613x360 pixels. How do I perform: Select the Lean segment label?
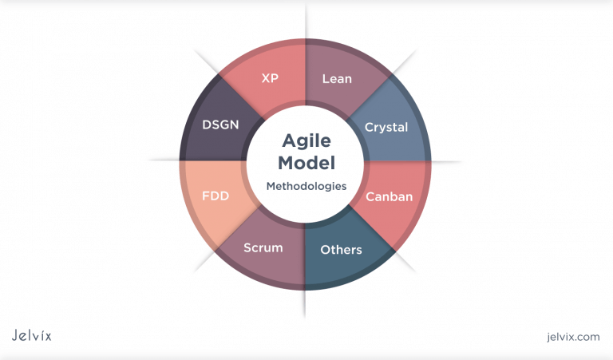point(337,79)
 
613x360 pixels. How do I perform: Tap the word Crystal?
point(386,127)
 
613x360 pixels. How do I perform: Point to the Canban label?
point(388,196)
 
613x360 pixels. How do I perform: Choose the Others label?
point(341,250)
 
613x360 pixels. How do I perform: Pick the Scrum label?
point(263,247)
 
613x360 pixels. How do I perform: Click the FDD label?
point(216,196)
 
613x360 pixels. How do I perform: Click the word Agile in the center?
point(306,139)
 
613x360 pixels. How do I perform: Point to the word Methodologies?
point(306,186)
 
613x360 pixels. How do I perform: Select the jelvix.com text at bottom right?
point(568,337)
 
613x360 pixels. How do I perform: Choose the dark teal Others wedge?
point(351,267)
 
